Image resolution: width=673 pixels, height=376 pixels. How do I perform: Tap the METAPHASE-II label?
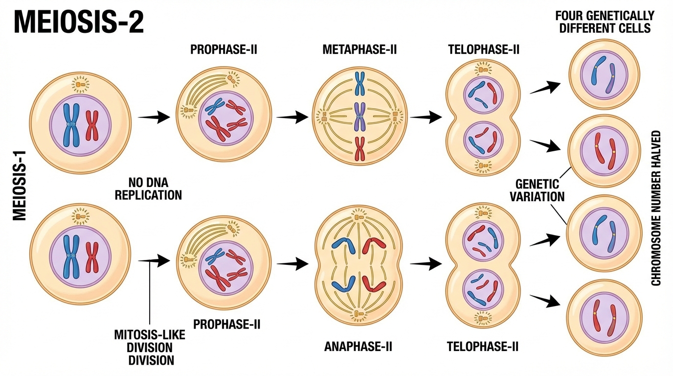(359, 50)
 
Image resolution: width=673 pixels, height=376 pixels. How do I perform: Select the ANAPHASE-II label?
(359, 347)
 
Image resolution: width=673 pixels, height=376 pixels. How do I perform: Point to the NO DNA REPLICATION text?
(155, 189)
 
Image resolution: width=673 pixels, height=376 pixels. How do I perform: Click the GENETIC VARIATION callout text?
(538, 190)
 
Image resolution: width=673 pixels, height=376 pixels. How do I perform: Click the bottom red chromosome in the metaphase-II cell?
(360, 149)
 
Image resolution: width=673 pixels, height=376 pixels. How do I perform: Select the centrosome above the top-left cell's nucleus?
(81, 86)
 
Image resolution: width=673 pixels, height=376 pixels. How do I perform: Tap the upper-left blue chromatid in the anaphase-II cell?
(343, 244)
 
